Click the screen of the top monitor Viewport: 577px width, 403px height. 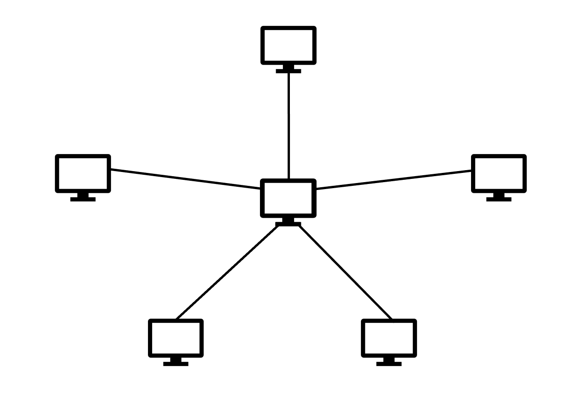[288, 45]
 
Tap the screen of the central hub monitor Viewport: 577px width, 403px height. [288, 198]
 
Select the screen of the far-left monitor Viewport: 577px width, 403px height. [83, 173]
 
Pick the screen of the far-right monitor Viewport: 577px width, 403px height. [499, 173]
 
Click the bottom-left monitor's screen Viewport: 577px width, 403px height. [176, 338]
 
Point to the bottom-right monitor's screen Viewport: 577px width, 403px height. [389, 338]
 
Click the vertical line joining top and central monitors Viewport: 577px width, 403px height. [288, 124]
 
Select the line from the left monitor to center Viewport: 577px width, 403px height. [184, 179]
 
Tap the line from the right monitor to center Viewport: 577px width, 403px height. [394, 179]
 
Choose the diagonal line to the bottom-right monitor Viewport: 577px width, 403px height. [346, 272]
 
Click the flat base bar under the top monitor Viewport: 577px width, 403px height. [288, 71]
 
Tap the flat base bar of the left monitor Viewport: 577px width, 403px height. [83, 199]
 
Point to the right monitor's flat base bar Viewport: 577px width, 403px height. [499, 199]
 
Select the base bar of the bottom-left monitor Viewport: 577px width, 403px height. [176, 364]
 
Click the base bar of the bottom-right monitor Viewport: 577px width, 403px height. [389, 364]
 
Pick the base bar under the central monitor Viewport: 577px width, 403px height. [288, 225]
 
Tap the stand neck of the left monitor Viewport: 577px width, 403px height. [83, 195]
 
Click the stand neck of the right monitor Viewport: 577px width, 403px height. [499, 195]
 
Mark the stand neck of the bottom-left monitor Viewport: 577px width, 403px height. [176, 359]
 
